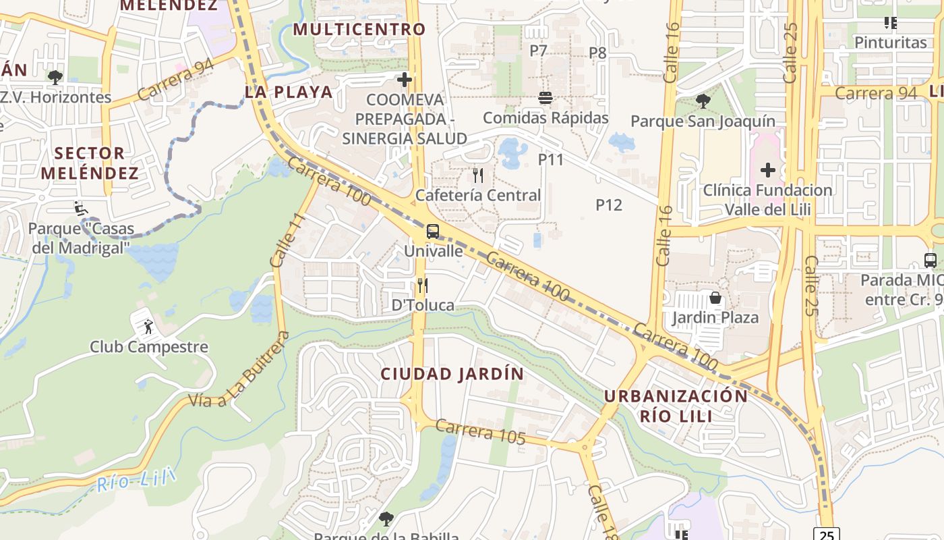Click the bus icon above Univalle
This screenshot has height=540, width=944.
pyautogui.click(x=433, y=232)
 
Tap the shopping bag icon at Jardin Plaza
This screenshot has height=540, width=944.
pyautogui.click(x=715, y=297)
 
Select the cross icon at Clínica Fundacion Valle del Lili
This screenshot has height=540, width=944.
pyautogui.click(x=767, y=170)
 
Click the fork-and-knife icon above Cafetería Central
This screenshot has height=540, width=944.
pyautogui.click(x=478, y=175)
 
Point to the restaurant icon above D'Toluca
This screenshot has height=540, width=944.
pyautogui.click(x=423, y=286)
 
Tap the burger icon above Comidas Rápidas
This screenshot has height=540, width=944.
pyautogui.click(x=545, y=98)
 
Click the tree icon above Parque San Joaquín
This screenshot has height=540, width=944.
pyautogui.click(x=703, y=102)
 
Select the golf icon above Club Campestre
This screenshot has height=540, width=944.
pyautogui.click(x=148, y=327)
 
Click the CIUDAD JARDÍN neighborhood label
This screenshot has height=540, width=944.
pyautogui.click(x=452, y=374)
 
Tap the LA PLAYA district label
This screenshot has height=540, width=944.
pyautogui.click(x=289, y=92)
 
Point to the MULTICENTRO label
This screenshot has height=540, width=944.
pyautogui.click(x=359, y=30)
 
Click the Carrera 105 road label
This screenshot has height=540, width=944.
pyautogui.click(x=480, y=431)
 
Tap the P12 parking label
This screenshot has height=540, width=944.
pyautogui.click(x=608, y=205)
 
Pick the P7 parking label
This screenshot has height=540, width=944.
pyautogui.click(x=538, y=51)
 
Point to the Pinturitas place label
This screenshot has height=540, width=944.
pyautogui.click(x=891, y=43)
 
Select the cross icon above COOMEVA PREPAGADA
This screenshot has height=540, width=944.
pyautogui.click(x=405, y=80)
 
